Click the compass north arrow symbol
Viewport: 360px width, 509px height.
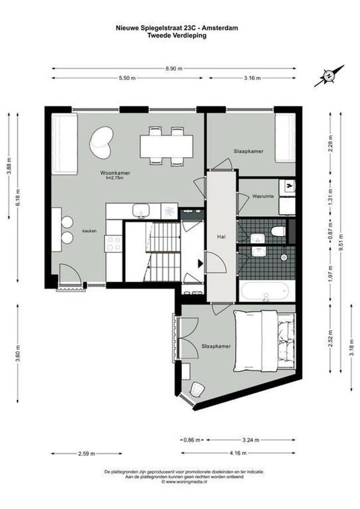pyautogui.click(x=329, y=75)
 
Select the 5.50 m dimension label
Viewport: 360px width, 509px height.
pyautogui.click(x=126, y=78)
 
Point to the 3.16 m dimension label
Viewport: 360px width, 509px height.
pyautogui.click(x=251, y=78)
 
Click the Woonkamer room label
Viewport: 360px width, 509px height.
pyautogui.click(x=115, y=173)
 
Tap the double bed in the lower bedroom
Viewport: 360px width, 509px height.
pyautogui.click(x=265, y=340)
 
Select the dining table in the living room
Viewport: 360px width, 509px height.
pyautogui.click(x=167, y=145)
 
